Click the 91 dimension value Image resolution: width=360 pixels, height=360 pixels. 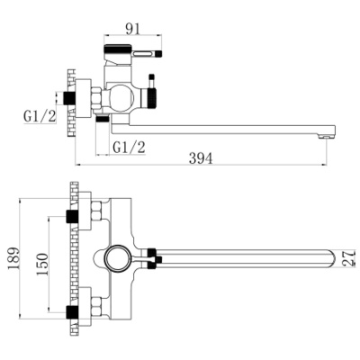pyautogui.click(x=132, y=29)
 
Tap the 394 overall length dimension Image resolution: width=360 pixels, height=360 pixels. pyautogui.click(x=201, y=158)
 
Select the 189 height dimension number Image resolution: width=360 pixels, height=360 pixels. pyautogui.click(x=13, y=258)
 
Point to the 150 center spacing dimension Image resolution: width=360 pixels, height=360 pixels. pyautogui.click(x=42, y=265)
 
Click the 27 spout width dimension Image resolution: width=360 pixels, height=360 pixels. pyautogui.click(x=348, y=258)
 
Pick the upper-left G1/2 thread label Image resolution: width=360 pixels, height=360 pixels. pyautogui.click(x=40, y=116)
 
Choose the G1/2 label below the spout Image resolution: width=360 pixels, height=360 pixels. pyautogui.click(x=129, y=148)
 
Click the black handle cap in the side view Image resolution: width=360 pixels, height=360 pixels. pyautogui.click(x=118, y=48)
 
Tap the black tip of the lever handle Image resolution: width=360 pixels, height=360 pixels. pyautogui.click(x=159, y=54)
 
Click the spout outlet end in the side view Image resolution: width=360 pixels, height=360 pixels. pyautogui.click(x=327, y=137)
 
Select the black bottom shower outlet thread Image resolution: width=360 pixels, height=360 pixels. pyautogui.click(x=102, y=119)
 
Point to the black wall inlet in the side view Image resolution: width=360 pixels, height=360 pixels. pyautogui.click(x=69, y=98)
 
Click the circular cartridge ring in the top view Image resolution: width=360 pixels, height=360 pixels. pyautogui.click(x=118, y=258)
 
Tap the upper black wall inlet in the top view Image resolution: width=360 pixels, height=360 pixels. pyautogui.click(x=72, y=217)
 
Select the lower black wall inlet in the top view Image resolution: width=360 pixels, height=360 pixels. pyautogui.click(x=72, y=312)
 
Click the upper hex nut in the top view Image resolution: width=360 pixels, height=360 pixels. pyautogui.click(x=96, y=211)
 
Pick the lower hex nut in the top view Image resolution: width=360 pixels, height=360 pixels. pyautogui.click(x=96, y=306)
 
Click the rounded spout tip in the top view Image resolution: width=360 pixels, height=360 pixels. pyautogui.click(x=331, y=258)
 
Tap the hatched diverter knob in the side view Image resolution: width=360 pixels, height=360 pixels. pyautogui.click(x=152, y=98)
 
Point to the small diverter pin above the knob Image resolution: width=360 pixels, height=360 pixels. pyautogui.click(x=151, y=80)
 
